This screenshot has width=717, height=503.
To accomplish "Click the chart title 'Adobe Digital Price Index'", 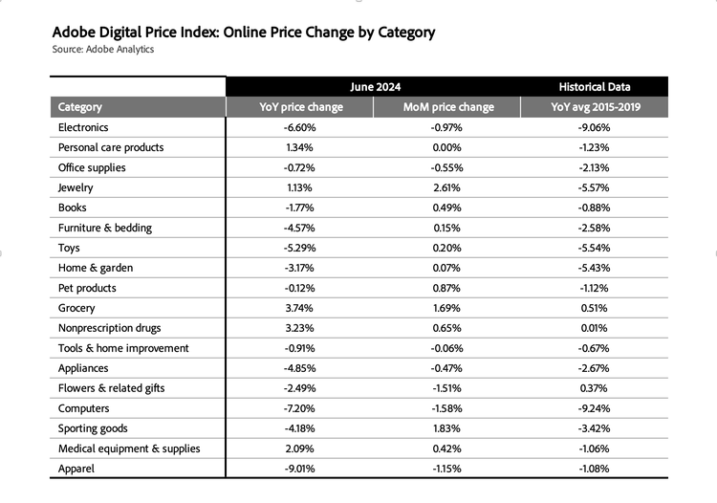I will pos(244,33).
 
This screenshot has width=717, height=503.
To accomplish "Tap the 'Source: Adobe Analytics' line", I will pos(102,50).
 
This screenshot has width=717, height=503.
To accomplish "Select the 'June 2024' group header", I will pos(374,86).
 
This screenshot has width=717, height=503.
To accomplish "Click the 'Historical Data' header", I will pos(595,86).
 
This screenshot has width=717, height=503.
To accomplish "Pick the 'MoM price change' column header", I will pos(448,107).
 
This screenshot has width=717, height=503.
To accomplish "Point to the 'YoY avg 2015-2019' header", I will pos(595,107).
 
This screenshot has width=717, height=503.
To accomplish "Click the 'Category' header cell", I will pos(80,107).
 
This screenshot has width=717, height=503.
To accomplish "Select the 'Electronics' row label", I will pos(83,127).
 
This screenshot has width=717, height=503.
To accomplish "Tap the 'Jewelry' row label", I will pos(76,187).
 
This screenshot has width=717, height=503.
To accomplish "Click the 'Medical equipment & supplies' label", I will pos(129,448).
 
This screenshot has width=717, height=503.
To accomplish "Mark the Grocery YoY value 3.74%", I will pos(300,308).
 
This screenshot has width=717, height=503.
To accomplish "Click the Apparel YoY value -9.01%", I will pos(300,469).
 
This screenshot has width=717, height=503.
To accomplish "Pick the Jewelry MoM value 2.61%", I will pos(448,187).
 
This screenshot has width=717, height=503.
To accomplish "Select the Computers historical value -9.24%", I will pos(595,408).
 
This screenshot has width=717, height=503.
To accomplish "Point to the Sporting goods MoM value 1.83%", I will pos(448,428).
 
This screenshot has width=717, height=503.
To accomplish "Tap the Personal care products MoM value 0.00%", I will pos(448,147).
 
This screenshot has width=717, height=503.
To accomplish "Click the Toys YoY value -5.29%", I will pos(300,248).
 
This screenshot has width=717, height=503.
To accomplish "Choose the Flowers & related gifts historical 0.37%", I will pos(595,388).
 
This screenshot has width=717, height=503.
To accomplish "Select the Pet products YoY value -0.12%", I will pos(300,288).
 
